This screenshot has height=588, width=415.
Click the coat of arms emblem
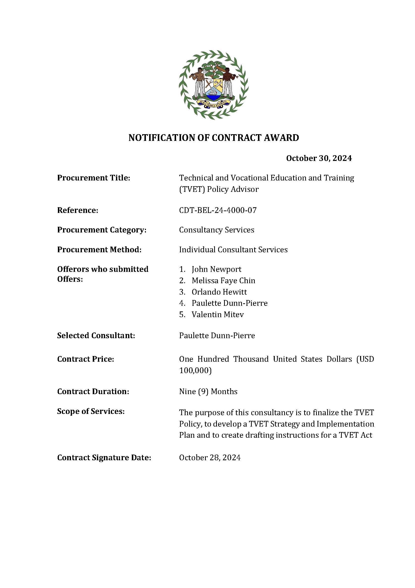tap(213, 85)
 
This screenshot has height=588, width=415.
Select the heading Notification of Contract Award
tap(214, 138)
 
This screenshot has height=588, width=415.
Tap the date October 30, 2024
tap(319, 158)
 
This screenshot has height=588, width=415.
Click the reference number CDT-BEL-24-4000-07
tap(218, 210)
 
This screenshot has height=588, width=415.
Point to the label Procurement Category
tap(102, 230)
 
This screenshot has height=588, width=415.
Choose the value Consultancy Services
tap(216, 230)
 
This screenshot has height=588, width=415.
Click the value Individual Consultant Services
tap(233, 250)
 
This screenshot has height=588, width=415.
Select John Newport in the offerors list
tap(216, 269)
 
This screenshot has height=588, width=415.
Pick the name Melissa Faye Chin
tap(223, 281)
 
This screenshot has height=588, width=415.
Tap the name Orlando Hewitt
tap(219, 292)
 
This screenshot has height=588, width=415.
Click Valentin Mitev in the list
tap(218, 314)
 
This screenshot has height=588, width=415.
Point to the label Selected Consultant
tap(96, 335)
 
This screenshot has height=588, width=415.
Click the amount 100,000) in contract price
tap(195, 370)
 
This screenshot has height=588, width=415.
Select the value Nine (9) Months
tap(208, 392)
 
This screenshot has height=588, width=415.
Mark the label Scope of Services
tap(91, 411)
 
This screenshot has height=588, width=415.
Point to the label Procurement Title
tap(94, 178)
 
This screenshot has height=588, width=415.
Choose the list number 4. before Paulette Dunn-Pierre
tap(182, 303)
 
